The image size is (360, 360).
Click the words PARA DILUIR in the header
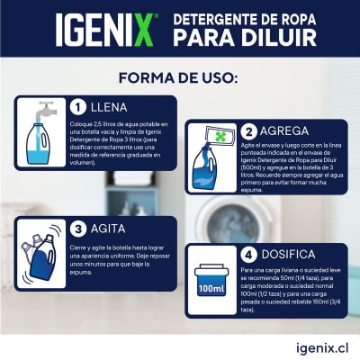[257, 39]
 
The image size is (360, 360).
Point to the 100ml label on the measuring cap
[211, 289]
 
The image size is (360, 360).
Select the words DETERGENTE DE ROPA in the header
[250, 19]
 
